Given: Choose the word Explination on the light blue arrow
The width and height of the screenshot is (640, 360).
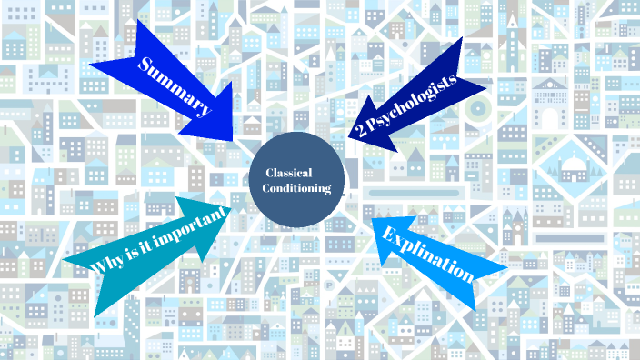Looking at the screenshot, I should [428, 253].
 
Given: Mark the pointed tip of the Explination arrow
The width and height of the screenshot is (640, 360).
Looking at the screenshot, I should [374, 217].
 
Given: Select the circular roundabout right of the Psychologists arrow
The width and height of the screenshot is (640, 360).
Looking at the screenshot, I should [476, 109].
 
